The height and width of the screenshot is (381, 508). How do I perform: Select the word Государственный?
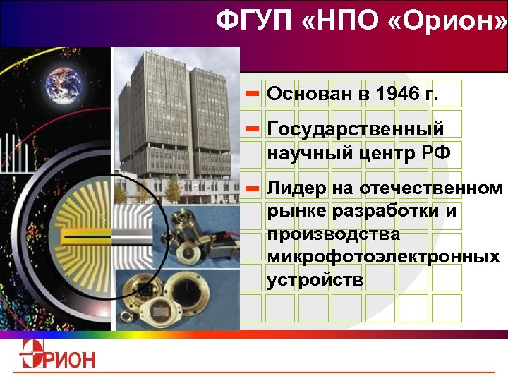[356, 130]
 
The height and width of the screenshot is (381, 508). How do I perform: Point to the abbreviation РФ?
[435, 152]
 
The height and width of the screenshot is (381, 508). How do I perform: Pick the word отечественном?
[431, 188]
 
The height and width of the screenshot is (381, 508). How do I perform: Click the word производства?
[334, 234]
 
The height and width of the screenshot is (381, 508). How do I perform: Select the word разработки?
[394, 211]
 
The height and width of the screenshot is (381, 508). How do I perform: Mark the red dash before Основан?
[253, 93]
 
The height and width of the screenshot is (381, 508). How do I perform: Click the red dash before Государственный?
[253, 129]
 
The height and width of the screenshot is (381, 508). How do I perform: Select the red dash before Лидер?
[253, 188]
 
